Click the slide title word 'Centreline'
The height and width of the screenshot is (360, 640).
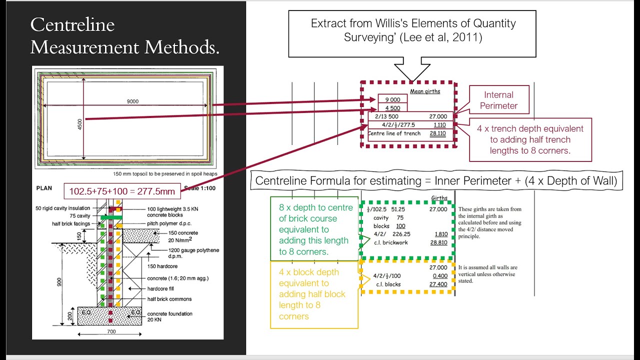[x=72, y=25]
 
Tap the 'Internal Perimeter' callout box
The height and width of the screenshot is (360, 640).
[x=498, y=100]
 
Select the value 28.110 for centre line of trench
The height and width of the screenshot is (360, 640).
[x=438, y=134]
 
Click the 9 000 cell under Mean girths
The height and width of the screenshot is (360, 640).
[x=393, y=99]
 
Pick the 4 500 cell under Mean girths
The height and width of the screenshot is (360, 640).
[x=393, y=107]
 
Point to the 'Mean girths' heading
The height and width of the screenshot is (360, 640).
[x=425, y=91]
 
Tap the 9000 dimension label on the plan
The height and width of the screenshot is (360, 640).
[x=132, y=101]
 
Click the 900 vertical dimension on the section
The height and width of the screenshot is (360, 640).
[x=59, y=281]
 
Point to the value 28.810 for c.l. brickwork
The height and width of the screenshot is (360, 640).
[x=438, y=242]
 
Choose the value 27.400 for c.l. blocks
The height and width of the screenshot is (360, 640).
[x=438, y=284]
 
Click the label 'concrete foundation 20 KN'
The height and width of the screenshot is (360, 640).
[x=169, y=316]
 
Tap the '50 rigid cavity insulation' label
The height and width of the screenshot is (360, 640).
[x=62, y=208]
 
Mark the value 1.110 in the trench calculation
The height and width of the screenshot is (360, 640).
[x=440, y=125]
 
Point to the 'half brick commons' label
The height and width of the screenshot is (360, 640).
[x=169, y=299]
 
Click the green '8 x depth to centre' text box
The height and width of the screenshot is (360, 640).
[x=315, y=229]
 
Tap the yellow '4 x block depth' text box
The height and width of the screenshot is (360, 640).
[x=313, y=294]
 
